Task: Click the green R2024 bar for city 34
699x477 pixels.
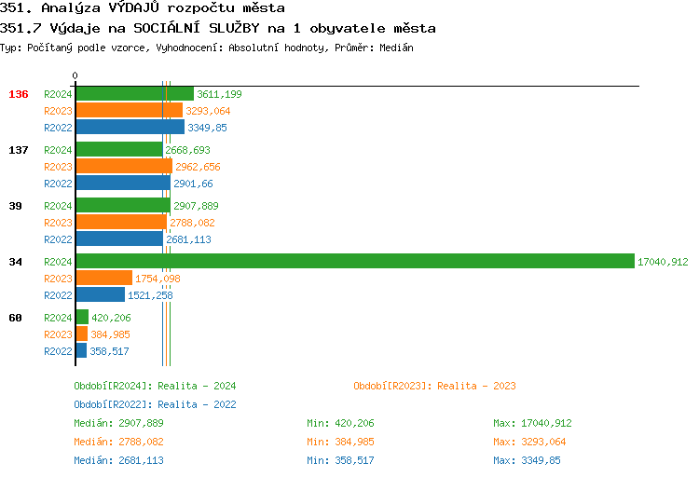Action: pos(354,262)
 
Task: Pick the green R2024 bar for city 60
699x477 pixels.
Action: pos(82,318)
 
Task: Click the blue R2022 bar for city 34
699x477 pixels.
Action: pos(100,295)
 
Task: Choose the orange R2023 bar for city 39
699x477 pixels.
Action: pos(121,223)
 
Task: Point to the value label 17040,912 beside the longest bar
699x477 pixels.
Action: pos(663,263)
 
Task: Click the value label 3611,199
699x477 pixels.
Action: pos(219,94)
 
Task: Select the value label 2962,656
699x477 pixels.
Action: pos(198,167)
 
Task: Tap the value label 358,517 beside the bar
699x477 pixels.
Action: pos(109,351)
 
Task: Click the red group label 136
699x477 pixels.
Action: pos(19,94)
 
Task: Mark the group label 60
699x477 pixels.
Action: pos(16,318)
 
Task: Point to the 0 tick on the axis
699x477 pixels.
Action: pos(75,75)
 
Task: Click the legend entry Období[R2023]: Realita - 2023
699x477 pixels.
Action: pos(434,386)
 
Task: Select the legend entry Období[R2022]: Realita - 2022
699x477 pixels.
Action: pos(155,404)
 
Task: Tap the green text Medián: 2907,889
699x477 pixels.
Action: pos(118,423)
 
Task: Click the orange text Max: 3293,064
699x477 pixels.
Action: pos(528,442)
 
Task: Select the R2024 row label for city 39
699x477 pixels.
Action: pos(58,206)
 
